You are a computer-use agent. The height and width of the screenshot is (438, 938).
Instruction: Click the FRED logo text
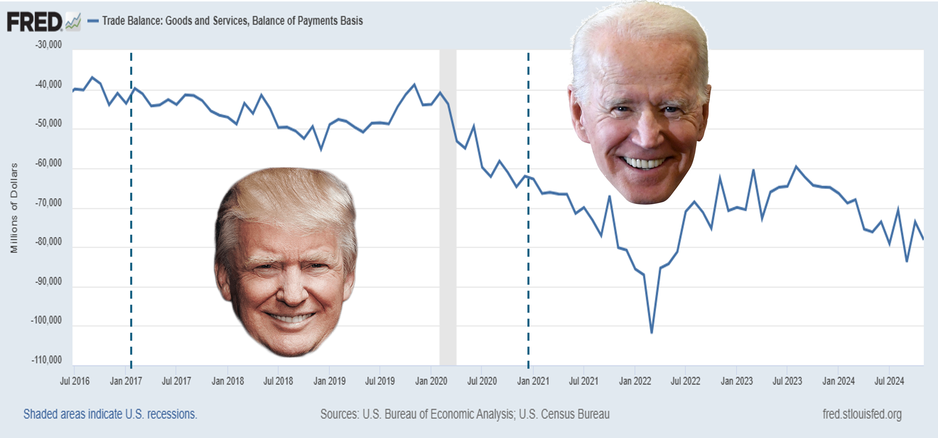[x=34, y=22]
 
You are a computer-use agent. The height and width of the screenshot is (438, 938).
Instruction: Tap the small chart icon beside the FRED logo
[x=73, y=22]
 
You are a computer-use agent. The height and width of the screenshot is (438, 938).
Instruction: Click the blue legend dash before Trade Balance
[x=93, y=21]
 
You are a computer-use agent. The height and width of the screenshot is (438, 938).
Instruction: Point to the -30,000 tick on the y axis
[x=49, y=45]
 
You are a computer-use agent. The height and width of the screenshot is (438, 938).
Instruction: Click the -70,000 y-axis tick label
[x=49, y=203]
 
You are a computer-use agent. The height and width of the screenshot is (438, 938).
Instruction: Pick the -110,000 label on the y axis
[x=46, y=360]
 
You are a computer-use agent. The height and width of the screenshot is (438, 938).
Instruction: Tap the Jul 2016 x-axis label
[x=75, y=381]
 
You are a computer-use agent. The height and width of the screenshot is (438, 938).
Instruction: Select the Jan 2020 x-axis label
[x=431, y=381]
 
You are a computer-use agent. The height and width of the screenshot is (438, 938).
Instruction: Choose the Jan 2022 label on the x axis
[x=635, y=381]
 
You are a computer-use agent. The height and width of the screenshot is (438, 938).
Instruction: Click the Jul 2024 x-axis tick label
[x=889, y=381]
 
